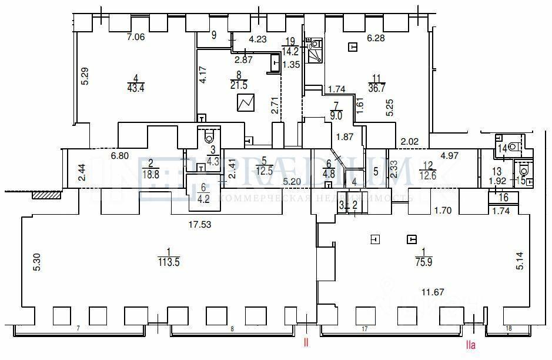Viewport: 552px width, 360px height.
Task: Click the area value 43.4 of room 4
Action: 136,88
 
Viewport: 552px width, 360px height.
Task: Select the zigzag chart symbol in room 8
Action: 246,104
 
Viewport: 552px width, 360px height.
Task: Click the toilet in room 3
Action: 210,136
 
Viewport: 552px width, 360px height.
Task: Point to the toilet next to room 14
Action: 515,145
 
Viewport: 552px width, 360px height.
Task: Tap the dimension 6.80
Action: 121,157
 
